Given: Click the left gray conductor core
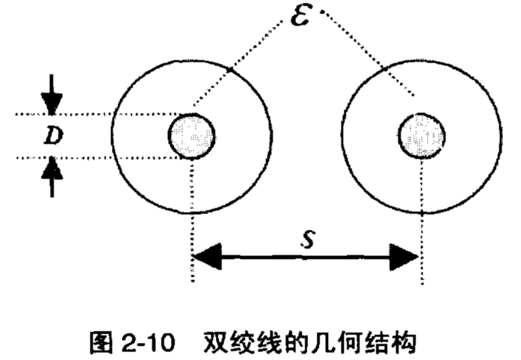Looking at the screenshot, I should pyautogui.click(x=192, y=136).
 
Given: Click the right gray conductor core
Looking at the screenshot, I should pyautogui.click(x=422, y=136).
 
